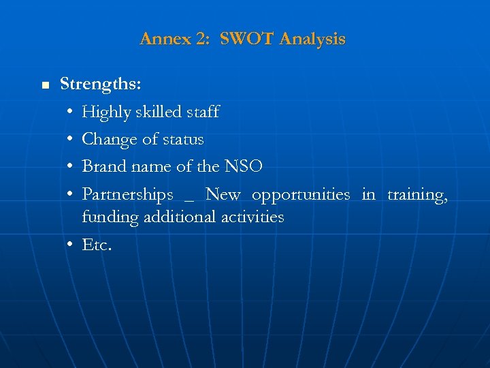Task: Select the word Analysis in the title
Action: (x=312, y=39)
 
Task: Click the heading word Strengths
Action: (x=101, y=85)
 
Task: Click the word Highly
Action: (x=105, y=112)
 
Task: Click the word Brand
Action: (x=104, y=167)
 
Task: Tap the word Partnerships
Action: (x=128, y=195)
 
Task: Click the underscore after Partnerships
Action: (x=189, y=200)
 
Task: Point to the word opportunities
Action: (x=301, y=195)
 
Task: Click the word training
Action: (x=417, y=195)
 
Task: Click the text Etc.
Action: (x=97, y=245)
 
